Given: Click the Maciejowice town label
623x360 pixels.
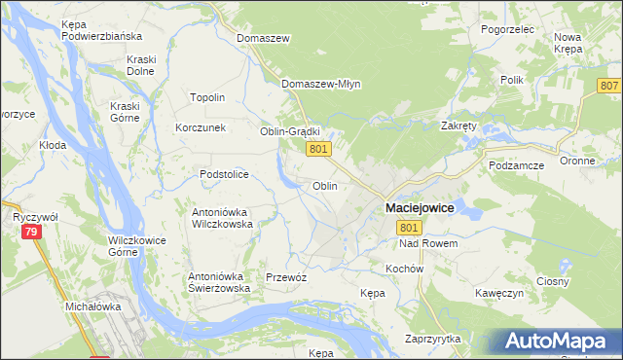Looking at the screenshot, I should pos(421,208).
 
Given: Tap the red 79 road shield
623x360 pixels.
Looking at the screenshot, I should pos(32,232).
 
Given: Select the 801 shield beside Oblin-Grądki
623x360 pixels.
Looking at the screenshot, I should pos(320,149).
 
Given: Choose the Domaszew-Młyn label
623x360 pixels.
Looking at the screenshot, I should pos(321,84).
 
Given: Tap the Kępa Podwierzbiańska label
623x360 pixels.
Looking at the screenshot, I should pos(101,29).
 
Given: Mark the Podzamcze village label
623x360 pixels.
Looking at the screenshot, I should pos(518,165).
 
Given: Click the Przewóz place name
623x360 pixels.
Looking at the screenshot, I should pos(286,277).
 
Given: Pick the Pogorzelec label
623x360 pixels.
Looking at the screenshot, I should pos(508,30).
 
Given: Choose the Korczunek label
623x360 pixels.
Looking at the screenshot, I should pos(201,127).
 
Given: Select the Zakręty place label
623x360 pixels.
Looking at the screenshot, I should pos(458,126).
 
